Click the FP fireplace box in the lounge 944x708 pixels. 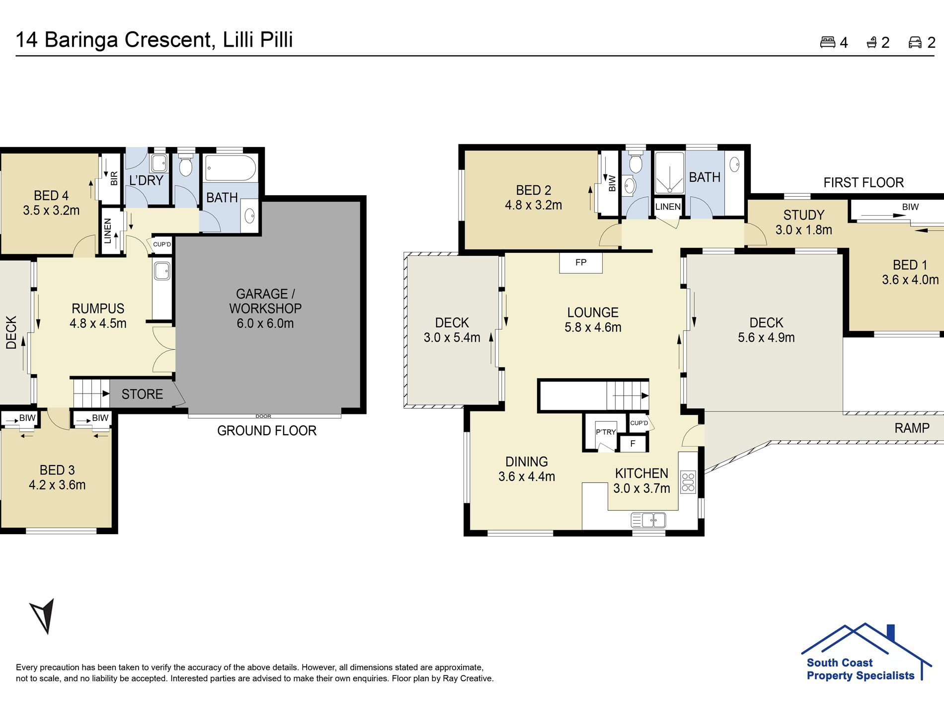point(581,262)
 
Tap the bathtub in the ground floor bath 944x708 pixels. point(231,168)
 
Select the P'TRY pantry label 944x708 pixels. point(606,432)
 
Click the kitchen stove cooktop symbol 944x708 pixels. point(688,481)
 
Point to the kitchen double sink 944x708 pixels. point(648,520)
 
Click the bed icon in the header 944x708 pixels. point(828,42)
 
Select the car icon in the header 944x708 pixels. point(915,42)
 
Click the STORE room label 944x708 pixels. point(142,394)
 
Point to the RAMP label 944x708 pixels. point(912,428)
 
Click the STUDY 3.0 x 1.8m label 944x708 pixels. point(804,222)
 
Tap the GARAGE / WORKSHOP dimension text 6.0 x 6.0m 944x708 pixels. point(265,323)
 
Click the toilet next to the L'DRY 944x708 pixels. point(185,164)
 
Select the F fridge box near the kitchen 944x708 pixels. point(632,443)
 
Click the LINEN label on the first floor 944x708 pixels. point(668,207)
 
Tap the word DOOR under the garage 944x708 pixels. point(263,416)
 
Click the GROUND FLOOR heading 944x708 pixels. point(267,430)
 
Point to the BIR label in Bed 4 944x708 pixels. point(114,178)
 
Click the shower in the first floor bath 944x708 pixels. point(670,173)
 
